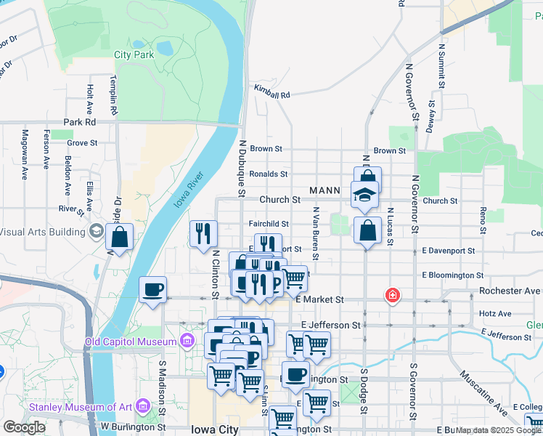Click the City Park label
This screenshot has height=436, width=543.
(134, 54)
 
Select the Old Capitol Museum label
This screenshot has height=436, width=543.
(131, 342)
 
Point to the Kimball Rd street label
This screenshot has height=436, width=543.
(271, 94)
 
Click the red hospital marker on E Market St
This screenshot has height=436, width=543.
(393, 295)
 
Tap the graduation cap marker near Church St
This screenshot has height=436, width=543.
(364, 194)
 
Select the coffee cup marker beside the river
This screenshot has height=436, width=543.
(152, 290)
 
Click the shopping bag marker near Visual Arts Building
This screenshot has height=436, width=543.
(120, 237)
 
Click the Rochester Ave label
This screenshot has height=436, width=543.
(510, 291)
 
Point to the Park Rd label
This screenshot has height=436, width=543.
(80, 122)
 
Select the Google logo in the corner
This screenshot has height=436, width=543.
(24, 427)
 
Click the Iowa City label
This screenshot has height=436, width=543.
(215, 429)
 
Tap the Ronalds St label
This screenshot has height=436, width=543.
(268, 174)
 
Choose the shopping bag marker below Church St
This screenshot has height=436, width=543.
(368, 231)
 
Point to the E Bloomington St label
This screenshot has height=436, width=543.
(453, 276)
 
